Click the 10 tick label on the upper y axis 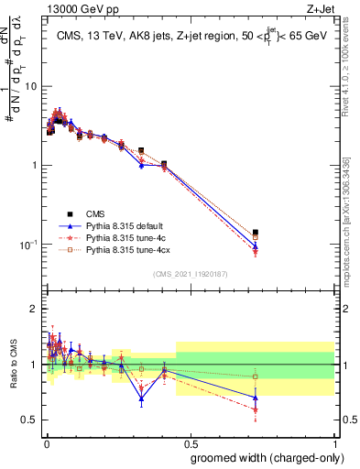31,86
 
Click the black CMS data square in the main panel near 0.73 256,233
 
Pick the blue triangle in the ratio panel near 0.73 256,398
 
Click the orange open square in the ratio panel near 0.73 256,376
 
